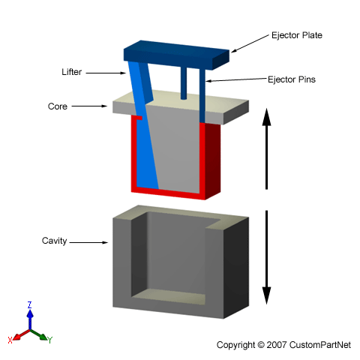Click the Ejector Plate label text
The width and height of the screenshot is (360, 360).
[297, 35]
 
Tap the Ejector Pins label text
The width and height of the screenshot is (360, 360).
[292, 79]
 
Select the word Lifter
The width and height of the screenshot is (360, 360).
[72, 72]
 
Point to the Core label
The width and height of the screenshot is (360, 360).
[58, 106]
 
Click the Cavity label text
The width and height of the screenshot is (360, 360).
[54, 241]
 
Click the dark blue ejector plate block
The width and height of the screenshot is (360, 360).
[176, 55]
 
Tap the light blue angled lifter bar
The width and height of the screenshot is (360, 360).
[143, 125]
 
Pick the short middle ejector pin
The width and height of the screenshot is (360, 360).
[184, 82]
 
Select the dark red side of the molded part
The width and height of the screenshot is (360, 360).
[213, 160]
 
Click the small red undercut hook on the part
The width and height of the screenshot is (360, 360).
[139, 118]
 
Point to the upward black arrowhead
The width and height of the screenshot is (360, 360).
[266, 117]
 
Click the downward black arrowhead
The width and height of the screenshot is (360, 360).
[266, 295]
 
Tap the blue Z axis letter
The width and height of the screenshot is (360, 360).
[29, 305]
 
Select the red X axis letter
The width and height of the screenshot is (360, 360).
[10, 340]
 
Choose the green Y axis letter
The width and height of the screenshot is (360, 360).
[50, 340]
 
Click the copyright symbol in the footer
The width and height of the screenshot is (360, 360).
[261, 345]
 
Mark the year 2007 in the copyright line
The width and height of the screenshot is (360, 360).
[277, 345]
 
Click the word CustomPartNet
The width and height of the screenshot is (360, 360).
[320, 345]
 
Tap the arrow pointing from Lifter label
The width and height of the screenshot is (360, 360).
[106, 73]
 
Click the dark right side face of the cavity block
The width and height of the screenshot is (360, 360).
[236, 268]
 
